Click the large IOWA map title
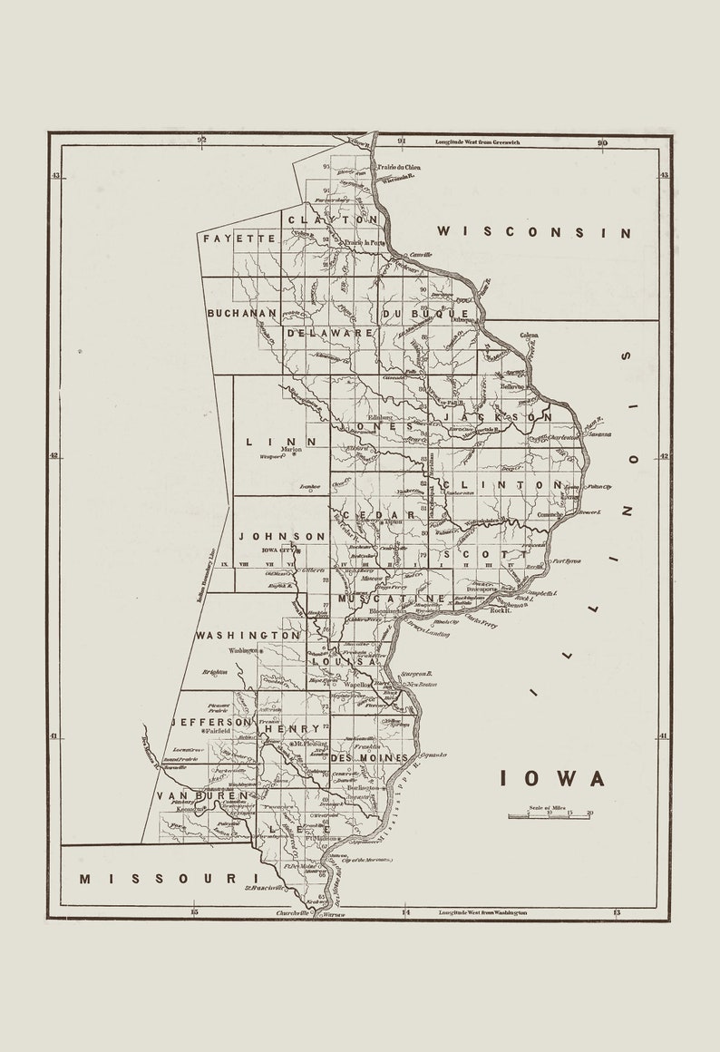(552, 778)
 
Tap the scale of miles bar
(550, 815)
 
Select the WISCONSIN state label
(534, 232)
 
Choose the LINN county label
(281, 442)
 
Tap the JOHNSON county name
(282, 536)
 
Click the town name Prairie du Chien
(400, 168)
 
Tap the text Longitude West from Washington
(482, 912)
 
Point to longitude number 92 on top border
(202, 141)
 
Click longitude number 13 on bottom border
(617, 911)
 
